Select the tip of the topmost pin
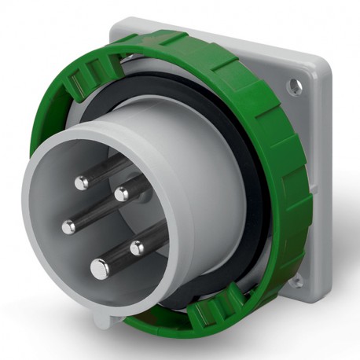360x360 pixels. tap(82, 182)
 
